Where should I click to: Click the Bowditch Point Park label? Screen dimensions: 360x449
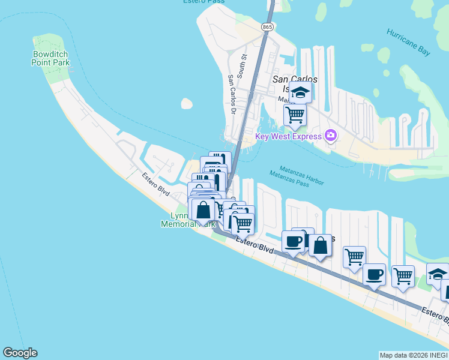51,58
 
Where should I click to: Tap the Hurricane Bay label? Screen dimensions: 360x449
408,42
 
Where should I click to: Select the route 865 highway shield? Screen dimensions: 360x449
268,27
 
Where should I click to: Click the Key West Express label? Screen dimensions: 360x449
289,136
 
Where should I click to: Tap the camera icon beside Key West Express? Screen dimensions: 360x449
330,136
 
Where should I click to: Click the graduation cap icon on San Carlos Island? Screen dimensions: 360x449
300,93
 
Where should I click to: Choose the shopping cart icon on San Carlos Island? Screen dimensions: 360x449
295,113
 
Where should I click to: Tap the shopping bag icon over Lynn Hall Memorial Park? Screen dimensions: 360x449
203,210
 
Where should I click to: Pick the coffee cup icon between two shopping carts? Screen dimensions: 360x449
375,275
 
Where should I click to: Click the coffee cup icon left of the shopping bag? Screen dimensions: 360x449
294,241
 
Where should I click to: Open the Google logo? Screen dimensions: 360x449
20,353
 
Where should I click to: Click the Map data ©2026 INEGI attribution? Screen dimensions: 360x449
414,355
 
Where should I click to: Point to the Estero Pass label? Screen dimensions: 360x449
204,2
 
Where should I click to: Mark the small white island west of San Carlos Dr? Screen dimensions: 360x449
187,104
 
